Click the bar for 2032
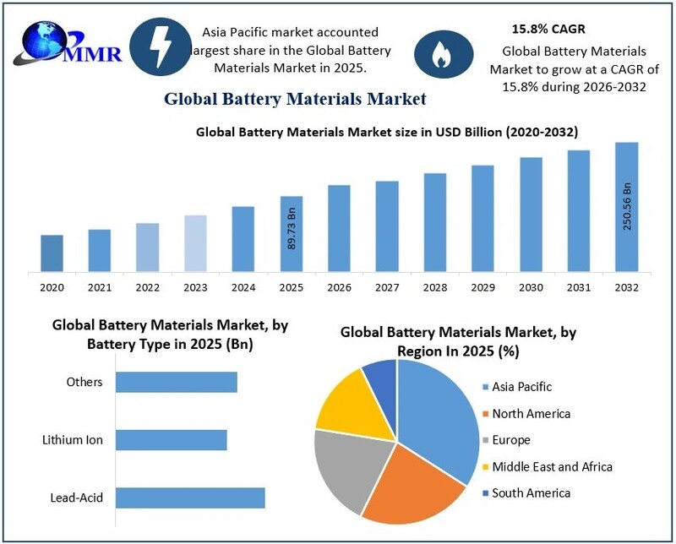pyautogui.click(x=626, y=207)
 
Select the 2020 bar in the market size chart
pyautogui.click(x=52, y=253)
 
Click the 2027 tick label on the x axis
pyautogui.click(x=387, y=288)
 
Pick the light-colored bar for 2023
pyautogui.click(x=195, y=243)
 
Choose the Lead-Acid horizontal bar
pyautogui.click(x=190, y=498)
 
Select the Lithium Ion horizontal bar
pyautogui.click(x=172, y=440)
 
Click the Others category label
pyautogui.click(x=84, y=382)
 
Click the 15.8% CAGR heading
pyautogui.click(x=548, y=30)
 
